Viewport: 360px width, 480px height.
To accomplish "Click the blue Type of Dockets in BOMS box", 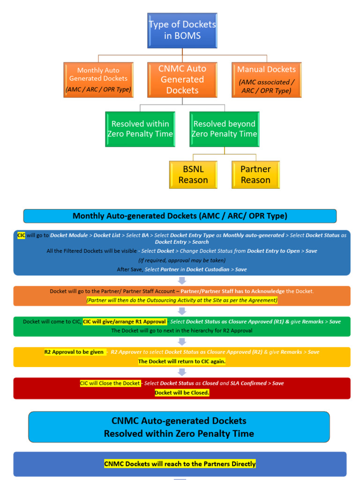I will [x=182, y=30].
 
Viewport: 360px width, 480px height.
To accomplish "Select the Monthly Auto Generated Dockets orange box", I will [x=98, y=80].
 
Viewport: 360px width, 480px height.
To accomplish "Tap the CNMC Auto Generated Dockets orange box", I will [x=182, y=80].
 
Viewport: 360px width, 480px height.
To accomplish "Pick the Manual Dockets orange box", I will [x=266, y=80].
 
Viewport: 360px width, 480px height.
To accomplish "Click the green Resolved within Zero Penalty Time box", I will [x=140, y=129].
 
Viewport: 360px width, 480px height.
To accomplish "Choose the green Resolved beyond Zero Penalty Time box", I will [x=225, y=129].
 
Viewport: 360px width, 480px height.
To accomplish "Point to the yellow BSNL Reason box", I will [x=193, y=175].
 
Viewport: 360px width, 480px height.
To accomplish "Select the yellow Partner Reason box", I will [x=255, y=175].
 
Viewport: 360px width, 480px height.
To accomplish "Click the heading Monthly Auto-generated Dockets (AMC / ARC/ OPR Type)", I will [x=180, y=216].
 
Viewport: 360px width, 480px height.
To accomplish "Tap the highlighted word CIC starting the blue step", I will [x=21, y=235].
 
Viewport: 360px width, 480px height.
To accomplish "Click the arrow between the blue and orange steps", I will [x=182, y=280].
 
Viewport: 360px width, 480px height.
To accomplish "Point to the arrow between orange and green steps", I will [x=182, y=311].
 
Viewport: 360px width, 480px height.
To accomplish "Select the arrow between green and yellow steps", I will [x=182, y=342].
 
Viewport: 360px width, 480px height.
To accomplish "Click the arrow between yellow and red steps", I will [x=182, y=372].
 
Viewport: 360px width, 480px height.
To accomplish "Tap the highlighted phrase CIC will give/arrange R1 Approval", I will [x=124, y=322].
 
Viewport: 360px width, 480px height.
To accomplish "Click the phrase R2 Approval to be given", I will [x=74, y=352].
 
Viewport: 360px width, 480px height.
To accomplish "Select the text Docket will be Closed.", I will [x=182, y=393].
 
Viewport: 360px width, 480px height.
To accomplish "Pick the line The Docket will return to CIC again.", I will [x=182, y=361].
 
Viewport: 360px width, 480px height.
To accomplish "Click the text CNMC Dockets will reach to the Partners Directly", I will [x=180, y=464].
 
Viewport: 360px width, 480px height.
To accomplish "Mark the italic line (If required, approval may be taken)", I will [x=182, y=260].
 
